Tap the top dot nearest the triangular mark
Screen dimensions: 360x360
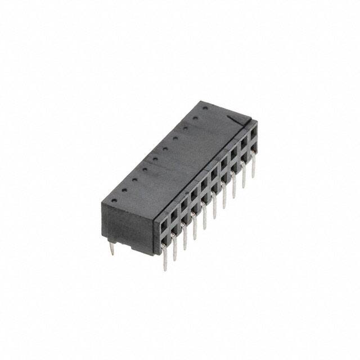pyautogui.click(x=205, y=108)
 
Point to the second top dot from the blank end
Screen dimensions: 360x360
pyautogui.click(x=124, y=190)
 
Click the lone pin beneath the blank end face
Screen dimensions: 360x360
pyautogui.click(x=112, y=248)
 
